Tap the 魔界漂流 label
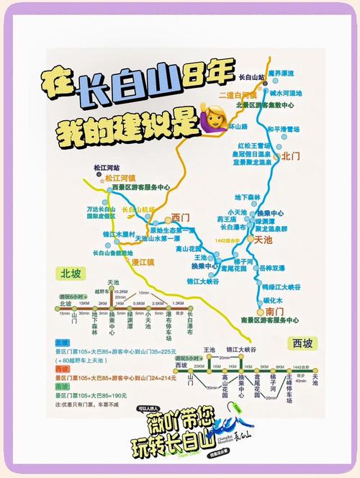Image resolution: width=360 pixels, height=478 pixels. (x=282, y=73)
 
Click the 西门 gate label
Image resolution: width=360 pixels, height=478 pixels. (x=181, y=217)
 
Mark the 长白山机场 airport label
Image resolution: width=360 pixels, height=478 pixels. (x=139, y=209)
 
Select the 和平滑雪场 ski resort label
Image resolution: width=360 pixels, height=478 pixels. (x=283, y=129)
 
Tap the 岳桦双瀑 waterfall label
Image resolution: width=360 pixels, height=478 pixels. (x=272, y=268)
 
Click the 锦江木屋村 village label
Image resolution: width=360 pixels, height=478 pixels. (x=119, y=234)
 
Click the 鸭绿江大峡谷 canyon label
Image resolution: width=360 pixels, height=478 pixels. (x=281, y=287)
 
